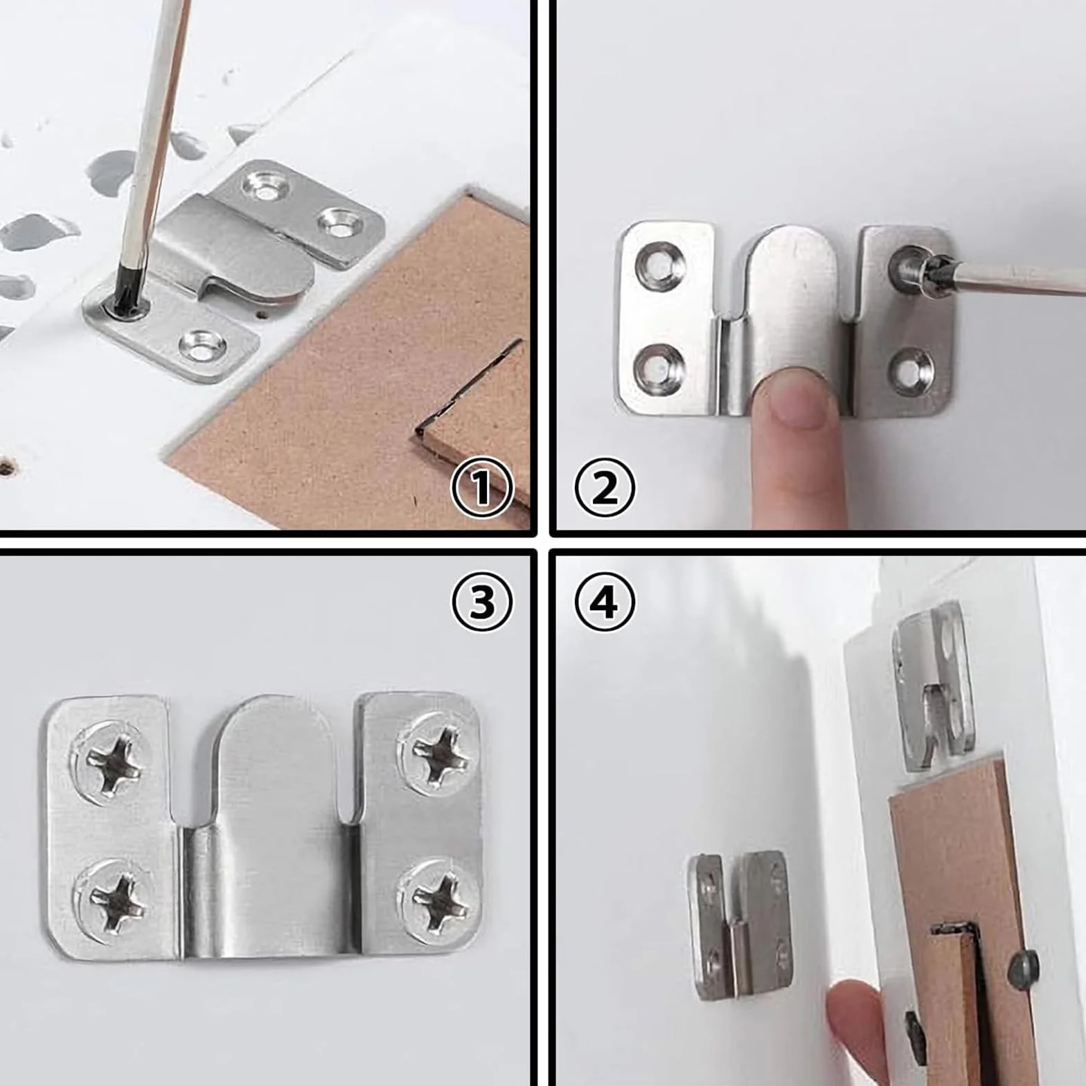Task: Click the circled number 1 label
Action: tap(482, 488)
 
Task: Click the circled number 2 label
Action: tap(605, 488)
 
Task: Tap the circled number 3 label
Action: tap(482, 602)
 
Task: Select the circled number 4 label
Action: tap(605, 602)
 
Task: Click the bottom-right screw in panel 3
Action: tap(440, 898)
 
